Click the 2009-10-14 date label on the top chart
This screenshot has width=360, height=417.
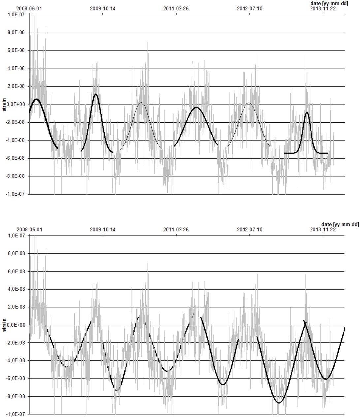[103, 9]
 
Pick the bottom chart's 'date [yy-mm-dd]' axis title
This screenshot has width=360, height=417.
[340, 224]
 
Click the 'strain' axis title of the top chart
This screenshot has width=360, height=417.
[4, 104]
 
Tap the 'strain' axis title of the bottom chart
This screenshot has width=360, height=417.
[4, 325]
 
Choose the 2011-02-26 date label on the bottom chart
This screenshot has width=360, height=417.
[176, 230]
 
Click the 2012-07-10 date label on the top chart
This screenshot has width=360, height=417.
[249, 9]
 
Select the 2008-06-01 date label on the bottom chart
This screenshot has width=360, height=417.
[29, 230]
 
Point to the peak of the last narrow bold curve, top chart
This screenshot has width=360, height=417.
[307, 112]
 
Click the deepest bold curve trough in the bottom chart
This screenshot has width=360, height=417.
[279, 403]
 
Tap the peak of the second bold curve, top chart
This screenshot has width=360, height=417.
[96, 94]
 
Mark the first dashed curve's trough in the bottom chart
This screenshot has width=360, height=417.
[67, 367]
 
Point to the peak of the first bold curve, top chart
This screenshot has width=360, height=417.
[36, 99]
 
